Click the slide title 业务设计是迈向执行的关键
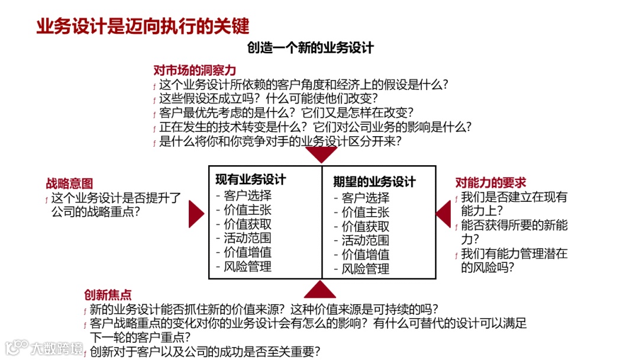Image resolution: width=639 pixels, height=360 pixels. [x=143, y=26]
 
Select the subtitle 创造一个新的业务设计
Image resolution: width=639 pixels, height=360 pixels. [x=311, y=48]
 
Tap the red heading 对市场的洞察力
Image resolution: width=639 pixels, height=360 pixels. [x=195, y=70]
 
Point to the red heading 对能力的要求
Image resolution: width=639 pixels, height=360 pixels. [x=490, y=182]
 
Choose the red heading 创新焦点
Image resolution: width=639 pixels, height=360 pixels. [x=108, y=295]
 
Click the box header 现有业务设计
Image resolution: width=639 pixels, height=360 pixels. [x=250, y=179]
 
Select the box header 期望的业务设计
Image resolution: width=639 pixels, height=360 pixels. [x=374, y=182]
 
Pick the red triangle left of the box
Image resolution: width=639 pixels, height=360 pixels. [x=195, y=214]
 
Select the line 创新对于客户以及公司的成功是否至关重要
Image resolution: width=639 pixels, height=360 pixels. [x=205, y=352]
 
